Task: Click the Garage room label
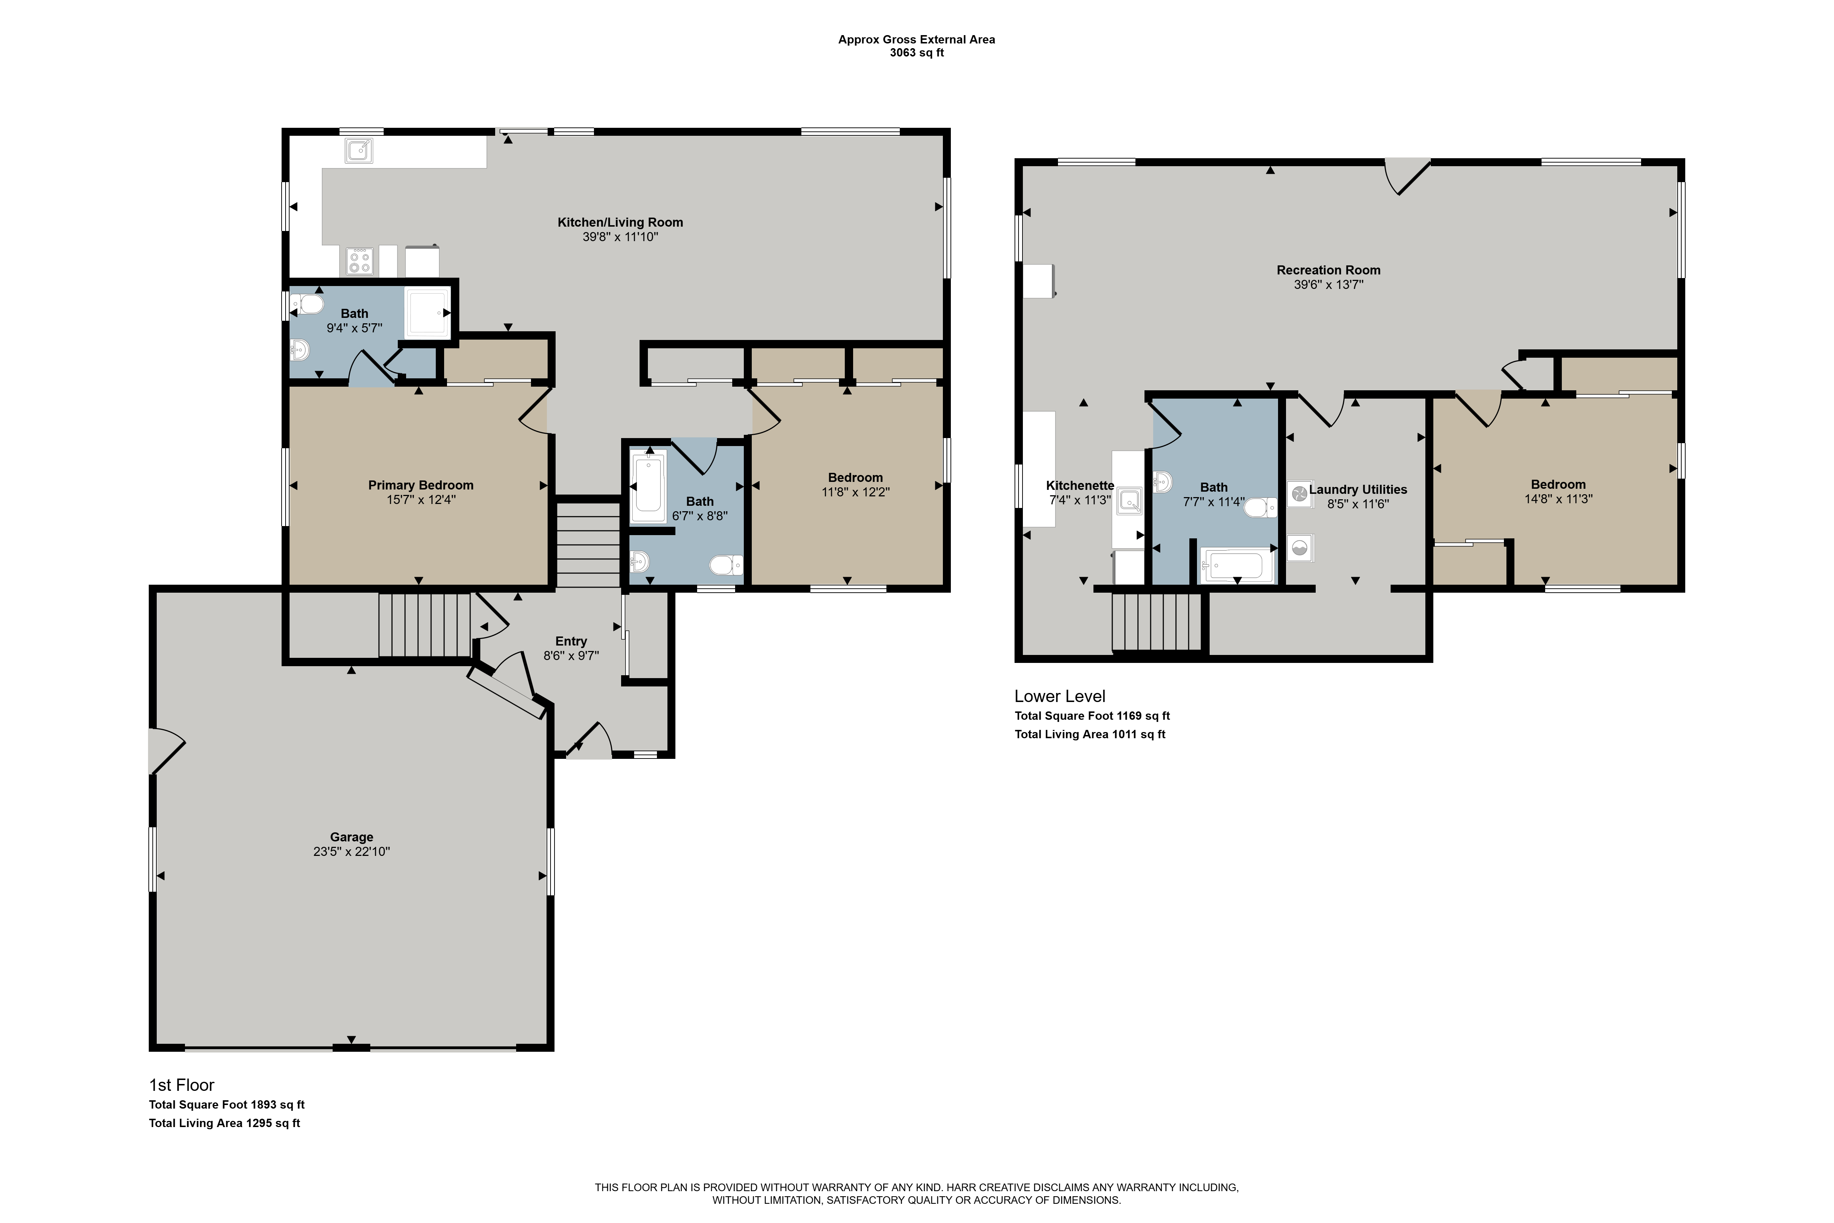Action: click(352, 837)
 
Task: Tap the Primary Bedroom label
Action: click(421, 485)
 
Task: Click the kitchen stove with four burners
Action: click(359, 261)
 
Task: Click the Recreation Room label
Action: click(1329, 270)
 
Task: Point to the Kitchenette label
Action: click(1080, 485)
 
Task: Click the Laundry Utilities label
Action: click(1358, 489)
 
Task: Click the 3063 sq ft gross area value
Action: click(917, 53)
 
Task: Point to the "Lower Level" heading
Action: click(1060, 696)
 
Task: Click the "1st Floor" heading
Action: click(182, 1085)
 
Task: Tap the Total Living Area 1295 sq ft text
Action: click(224, 1123)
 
